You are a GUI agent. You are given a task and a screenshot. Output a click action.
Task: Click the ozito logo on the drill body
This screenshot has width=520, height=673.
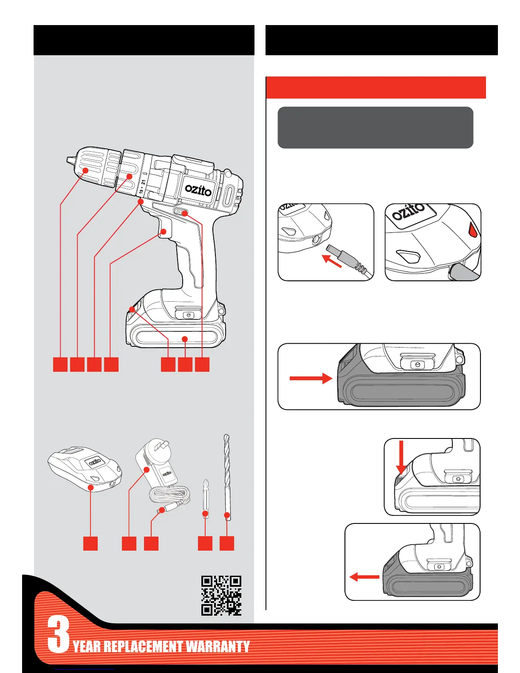[198, 190]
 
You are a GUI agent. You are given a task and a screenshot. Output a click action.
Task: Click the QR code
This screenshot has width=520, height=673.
[221, 595]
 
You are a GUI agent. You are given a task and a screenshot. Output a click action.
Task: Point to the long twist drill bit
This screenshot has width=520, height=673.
[226, 476]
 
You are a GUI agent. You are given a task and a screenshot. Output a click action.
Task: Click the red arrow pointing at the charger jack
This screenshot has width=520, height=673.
[332, 260]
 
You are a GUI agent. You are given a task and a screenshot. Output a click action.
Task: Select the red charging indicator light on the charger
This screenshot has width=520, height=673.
[473, 231]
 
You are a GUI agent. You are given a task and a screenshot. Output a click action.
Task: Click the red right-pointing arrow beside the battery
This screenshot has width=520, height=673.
[311, 378]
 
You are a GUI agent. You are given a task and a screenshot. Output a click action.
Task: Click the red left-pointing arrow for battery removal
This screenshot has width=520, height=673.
[364, 577]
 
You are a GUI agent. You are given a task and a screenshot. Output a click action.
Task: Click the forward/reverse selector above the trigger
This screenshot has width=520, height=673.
[181, 212]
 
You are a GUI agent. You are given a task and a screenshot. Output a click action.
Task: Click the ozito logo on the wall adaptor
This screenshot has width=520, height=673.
[167, 472]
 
